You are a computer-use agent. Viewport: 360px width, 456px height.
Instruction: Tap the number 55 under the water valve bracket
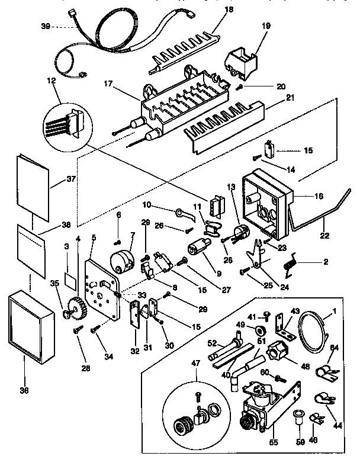tap(255, 442)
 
